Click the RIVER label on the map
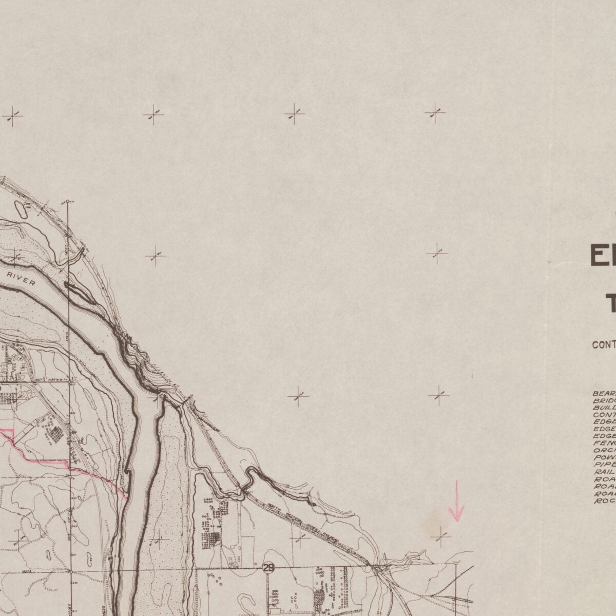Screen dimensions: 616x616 click(x=22, y=280)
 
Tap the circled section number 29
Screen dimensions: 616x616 click(x=268, y=567)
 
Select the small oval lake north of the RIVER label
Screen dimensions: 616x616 click(x=22, y=209)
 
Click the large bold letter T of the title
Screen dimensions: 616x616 click(x=609, y=304)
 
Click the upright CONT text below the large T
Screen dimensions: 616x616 click(x=604, y=345)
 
